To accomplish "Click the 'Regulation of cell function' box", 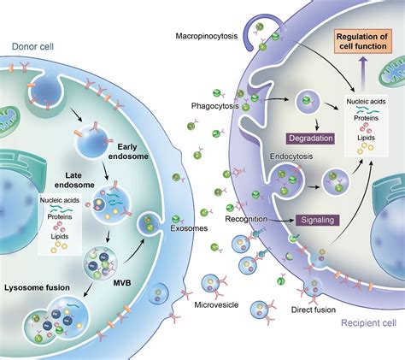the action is (x=362, y=41).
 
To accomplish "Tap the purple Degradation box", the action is (x=310, y=139).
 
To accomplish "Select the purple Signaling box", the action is (x=317, y=220).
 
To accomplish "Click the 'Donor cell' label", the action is (x=32, y=46).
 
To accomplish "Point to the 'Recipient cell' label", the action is (x=368, y=323).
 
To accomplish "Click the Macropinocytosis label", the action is (x=207, y=36).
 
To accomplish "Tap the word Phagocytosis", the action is (x=214, y=106).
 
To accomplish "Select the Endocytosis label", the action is (x=291, y=156).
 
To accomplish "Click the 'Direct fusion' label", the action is (x=314, y=310).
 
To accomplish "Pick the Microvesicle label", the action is (x=216, y=305).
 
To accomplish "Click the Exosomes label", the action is (x=189, y=228).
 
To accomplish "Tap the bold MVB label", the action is (x=122, y=283).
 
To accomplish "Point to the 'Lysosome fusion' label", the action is (x=37, y=287).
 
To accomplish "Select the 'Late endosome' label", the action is (x=74, y=180).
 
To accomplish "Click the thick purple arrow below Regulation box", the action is (x=362, y=73).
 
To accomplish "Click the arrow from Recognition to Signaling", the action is (x=280, y=220).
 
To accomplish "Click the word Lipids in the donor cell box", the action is (x=60, y=236).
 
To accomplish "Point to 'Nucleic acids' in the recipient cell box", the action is (x=366, y=102).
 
